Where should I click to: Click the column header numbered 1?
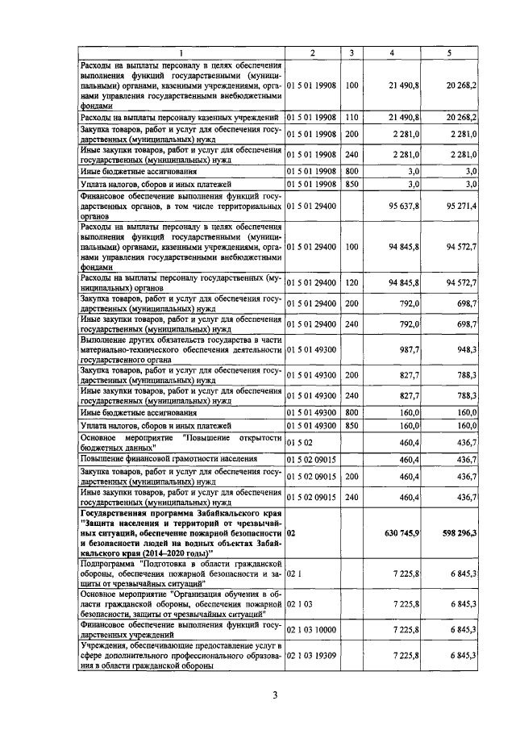(x=180, y=52)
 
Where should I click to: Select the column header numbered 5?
(x=449, y=52)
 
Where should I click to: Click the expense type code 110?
(x=352, y=118)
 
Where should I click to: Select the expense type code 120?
(x=352, y=282)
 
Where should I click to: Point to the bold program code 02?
(x=291, y=533)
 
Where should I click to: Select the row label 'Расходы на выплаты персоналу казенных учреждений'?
(x=177, y=118)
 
